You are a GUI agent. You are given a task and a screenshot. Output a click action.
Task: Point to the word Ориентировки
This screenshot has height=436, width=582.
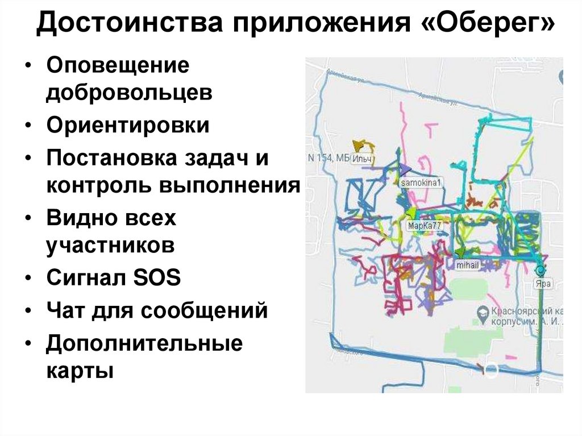point(128,126)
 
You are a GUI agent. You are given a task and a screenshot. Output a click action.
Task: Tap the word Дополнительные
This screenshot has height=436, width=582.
point(144,343)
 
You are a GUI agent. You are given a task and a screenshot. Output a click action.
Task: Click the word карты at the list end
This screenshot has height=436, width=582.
point(80,371)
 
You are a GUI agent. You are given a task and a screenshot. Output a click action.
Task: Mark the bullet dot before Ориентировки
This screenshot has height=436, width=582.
point(29,126)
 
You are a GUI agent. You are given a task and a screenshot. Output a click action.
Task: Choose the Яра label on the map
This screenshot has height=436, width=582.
point(543,283)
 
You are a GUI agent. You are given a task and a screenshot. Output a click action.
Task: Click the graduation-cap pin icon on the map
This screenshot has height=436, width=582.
point(481,312)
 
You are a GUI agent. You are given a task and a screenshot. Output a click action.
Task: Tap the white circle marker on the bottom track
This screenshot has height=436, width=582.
point(491,371)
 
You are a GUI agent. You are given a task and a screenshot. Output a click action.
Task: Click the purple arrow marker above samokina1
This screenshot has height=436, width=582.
point(405,169)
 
